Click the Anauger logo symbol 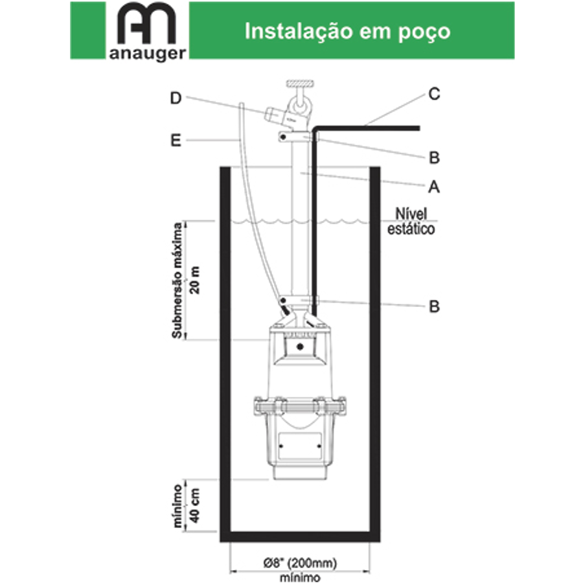[x=146, y=23]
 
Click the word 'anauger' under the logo [x=148, y=54]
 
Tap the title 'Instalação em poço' [x=347, y=32]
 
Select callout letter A [x=434, y=187]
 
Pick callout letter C [x=434, y=94]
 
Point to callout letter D [x=176, y=98]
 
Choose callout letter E [x=176, y=141]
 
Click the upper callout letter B [x=434, y=157]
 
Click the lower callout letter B [x=434, y=307]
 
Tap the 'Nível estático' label [x=411, y=222]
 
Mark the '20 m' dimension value [x=195, y=280]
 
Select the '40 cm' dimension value [x=195, y=505]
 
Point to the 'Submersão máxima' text [x=177, y=280]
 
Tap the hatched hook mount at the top [x=300, y=84]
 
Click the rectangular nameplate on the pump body [x=300, y=446]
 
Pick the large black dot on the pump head [x=300, y=347]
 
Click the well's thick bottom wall [x=300, y=536]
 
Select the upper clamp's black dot [x=283, y=137]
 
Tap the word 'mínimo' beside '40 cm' [x=177, y=505]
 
